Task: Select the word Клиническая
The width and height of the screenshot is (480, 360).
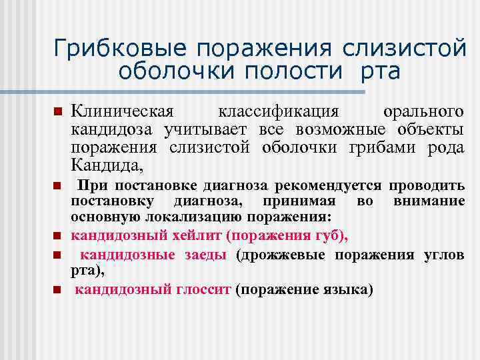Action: tap(122, 109)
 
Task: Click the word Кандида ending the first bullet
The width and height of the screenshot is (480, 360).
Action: tap(107, 163)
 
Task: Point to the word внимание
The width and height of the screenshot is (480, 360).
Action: tap(429, 201)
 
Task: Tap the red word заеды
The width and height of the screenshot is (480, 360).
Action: tap(204, 255)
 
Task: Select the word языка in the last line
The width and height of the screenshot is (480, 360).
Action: tap(343, 289)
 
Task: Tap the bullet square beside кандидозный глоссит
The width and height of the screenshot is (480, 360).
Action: tap(58, 290)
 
